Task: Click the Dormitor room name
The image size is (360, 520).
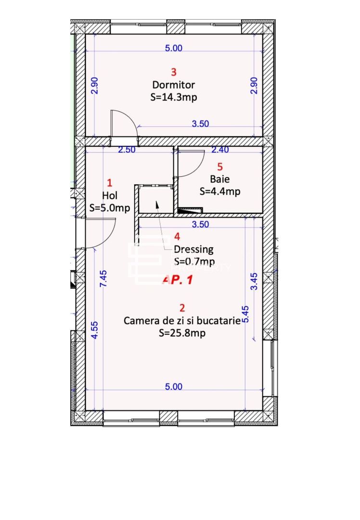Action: click(174, 85)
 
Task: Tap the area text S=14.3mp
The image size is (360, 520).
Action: click(174, 97)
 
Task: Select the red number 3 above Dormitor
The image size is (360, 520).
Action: click(174, 72)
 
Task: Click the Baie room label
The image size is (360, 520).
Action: click(220, 179)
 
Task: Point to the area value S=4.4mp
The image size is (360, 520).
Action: click(220, 191)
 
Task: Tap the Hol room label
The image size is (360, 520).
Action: click(110, 195)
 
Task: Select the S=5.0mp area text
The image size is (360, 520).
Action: click(110, 208)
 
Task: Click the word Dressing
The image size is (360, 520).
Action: click(193, 249)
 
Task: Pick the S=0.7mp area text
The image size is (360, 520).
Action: click(193, 261)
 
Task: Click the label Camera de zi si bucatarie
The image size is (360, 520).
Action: click(182, 320)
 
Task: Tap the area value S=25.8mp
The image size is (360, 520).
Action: click(182, 332)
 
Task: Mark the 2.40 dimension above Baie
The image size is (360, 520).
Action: click(220, 150)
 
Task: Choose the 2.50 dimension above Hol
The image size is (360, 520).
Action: click(127, 150)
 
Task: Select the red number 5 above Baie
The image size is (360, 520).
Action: click(220, 167)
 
